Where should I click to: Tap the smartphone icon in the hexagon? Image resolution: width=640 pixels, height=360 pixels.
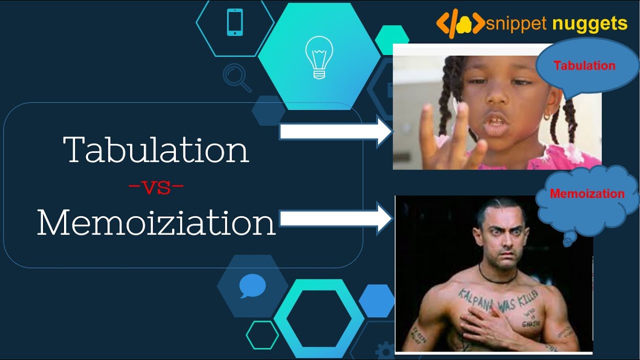pyautogui.click(x=234, y=22)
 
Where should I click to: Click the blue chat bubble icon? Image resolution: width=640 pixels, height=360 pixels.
pyautogui.click(x=249, y=286)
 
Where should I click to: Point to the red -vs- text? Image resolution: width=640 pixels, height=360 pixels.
pyautogui.click(x=156, y=187)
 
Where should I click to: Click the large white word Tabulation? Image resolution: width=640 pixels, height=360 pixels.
pyautogui.click(x=156, y=149)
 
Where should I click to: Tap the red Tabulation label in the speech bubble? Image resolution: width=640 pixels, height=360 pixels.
pyautogui.click(x=584, y=65)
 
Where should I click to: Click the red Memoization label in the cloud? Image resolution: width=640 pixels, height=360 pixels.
pyautogui.click(x=587, y=194)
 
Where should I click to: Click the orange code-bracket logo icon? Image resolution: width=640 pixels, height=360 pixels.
pyautogui.click(x=459, y=23)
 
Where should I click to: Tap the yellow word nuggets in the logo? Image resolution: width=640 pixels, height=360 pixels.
pyautogui.click(x=590, y=23)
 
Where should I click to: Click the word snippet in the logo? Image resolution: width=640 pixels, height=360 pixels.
pyautogui.click(x=517, y=23)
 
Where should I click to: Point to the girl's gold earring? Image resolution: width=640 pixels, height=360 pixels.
pyautogui.click(x=547, y=116)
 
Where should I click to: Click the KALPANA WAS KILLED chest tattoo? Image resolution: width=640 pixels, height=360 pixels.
pyautogui.click(x=498, y=300)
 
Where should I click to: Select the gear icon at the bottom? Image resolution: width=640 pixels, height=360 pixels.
pyautogui.click(x=384, y=350)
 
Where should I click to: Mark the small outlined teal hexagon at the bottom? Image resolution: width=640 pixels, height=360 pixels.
pyautogui.click(x=262, y=335)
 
